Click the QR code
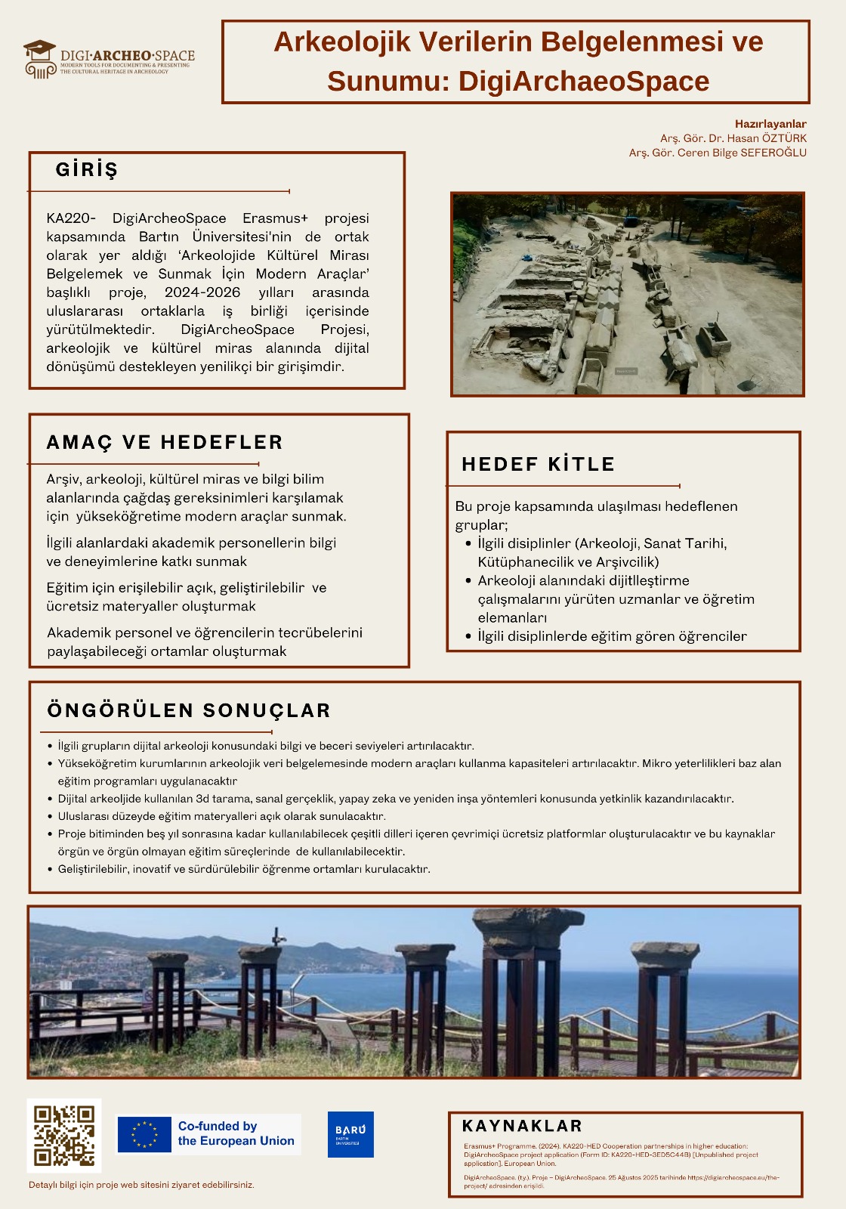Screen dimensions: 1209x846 pos(64,1136)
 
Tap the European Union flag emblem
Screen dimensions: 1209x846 pos(144,1134)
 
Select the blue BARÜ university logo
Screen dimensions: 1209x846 pos(350,1134)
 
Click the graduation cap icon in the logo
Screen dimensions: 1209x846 pos(39,51)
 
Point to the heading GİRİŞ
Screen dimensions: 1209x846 pos(87,170)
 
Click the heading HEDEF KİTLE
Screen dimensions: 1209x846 pos(538,464)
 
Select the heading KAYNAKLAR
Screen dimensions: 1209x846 pos(522,1126)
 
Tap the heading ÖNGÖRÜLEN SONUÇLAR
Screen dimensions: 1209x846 pos(189,710)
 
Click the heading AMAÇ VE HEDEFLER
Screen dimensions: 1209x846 pos(165,442)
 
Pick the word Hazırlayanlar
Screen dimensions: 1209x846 pos(770,124)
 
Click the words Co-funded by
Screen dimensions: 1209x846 pos(218,1126)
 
